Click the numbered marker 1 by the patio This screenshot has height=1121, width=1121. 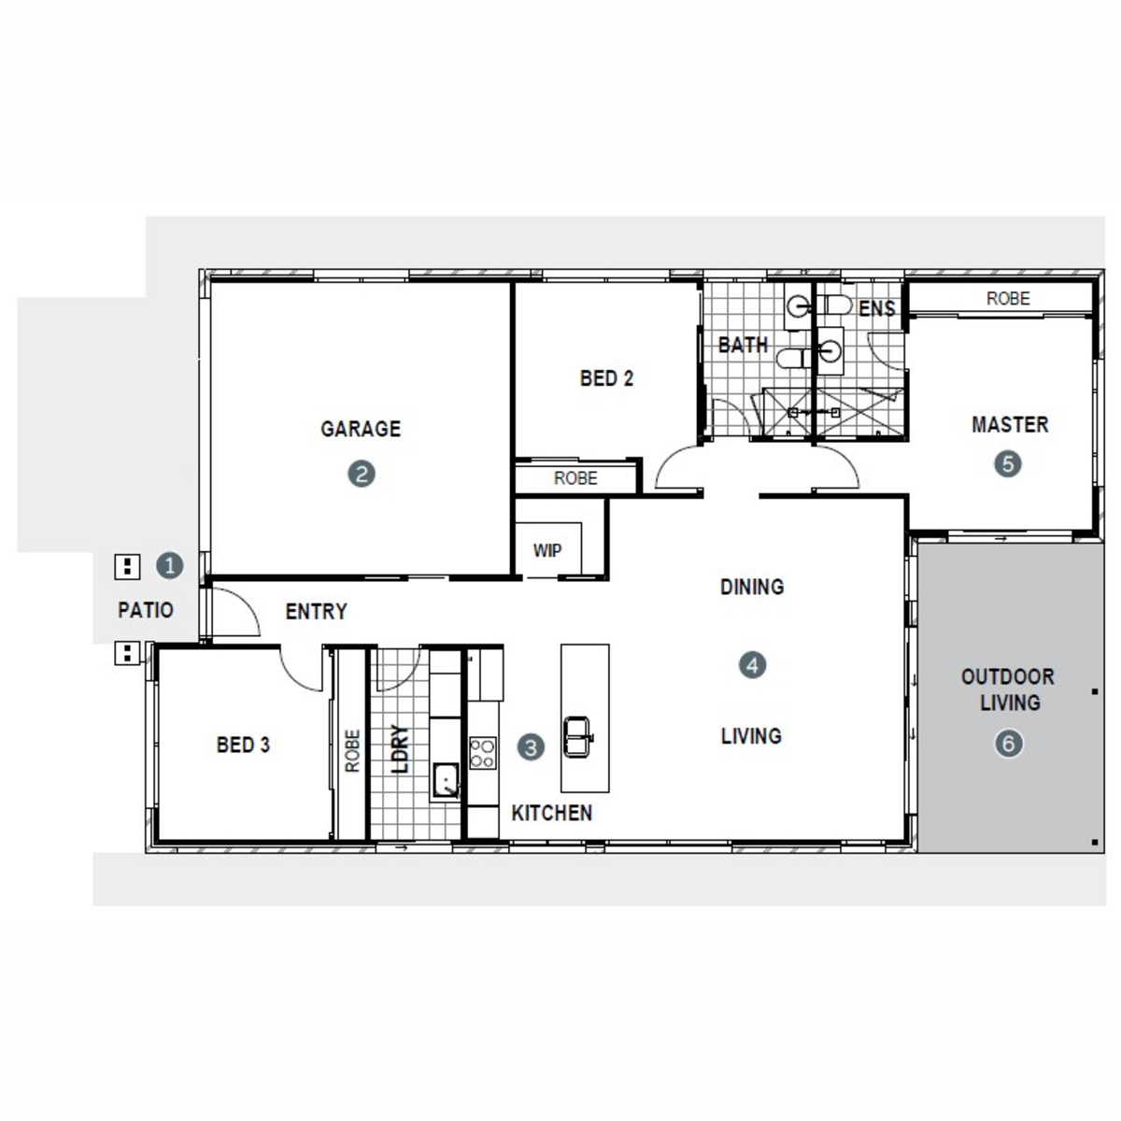tap(169, 565)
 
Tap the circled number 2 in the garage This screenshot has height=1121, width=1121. tap(361, 474)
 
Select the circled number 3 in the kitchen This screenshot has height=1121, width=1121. tap(530, 747)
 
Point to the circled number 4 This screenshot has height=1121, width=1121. tap(752, 665)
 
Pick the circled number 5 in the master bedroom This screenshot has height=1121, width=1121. tap(1007, 464)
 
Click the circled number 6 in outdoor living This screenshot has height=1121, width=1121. tap(1008, 744)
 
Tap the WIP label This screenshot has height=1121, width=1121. tap(546, 550)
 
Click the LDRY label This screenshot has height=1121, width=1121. tap(400, 748)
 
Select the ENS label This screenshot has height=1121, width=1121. tap(876, 308)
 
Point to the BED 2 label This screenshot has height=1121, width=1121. tap(606, 378)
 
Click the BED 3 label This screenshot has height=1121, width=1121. tap(243, 745)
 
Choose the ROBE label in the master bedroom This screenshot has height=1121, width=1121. tap(1008, 298)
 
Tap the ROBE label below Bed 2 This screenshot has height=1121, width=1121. tap(575, 478)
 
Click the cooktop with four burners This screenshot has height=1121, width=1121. tap(482, 753)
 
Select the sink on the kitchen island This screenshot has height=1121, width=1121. tap(577, 736)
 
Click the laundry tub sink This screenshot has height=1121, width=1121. tap(445, 781)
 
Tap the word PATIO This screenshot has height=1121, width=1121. tap(146, 610)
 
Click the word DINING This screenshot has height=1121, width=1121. tap(752, 587)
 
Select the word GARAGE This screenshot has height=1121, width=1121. tap(361, 429)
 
